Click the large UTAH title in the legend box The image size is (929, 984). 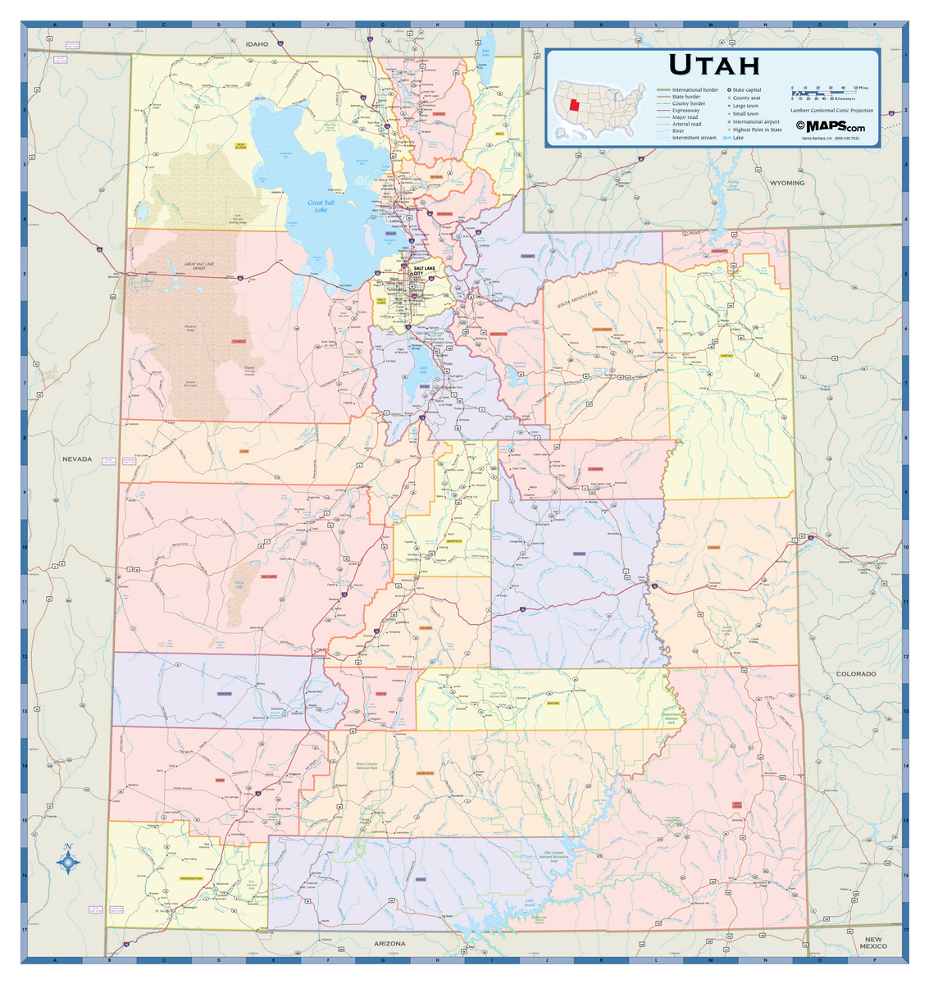click(x=714, y=64)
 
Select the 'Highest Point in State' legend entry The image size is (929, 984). click(x=757, y=130)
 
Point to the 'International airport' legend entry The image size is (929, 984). click(x=755, y=121)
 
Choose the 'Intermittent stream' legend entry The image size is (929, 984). click(x=694, y=138)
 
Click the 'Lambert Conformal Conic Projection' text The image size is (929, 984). click(x=831, y=110)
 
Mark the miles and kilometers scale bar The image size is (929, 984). click(x=824, y=93)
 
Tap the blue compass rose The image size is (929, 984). click(x=68, y=861)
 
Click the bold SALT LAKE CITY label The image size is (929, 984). click(x=424, y=271)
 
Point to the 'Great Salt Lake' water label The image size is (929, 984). click(x=321, y=206)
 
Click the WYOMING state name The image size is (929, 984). click(x=786, y=183)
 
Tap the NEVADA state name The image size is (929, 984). click(x=77, y=458)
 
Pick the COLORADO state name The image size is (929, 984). click(x=855, y=673)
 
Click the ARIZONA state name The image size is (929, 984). click(x=389, y=943)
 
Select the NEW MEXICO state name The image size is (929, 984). click(x=873, y=943)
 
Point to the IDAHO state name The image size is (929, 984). click(x=257, y=43)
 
